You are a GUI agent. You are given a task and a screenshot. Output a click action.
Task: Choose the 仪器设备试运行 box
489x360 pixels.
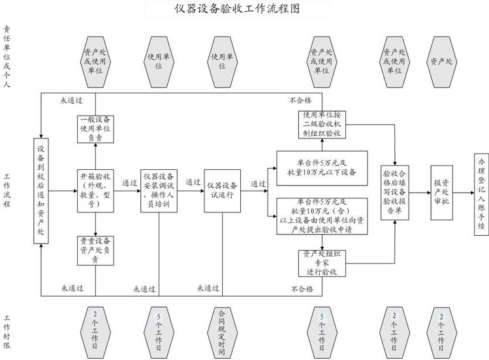[x=222, y=190]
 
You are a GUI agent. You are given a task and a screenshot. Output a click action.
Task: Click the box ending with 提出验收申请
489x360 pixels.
[x=321, y=215]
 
